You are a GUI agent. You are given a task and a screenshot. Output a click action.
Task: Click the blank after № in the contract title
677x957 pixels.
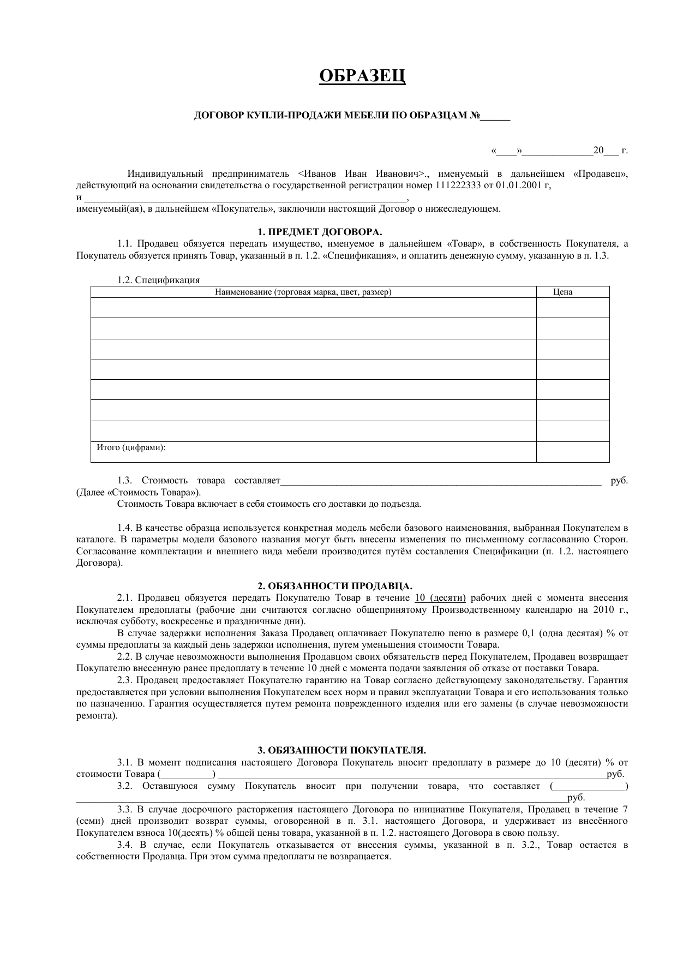[495, 116]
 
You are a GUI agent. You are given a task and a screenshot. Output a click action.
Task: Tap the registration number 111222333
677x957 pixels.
[458, 186]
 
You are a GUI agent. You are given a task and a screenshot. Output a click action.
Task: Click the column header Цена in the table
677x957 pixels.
[562, 292]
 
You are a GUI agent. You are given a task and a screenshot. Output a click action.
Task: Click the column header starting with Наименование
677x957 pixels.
[303, 292]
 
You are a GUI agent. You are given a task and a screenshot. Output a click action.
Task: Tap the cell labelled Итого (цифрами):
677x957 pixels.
[131, 447]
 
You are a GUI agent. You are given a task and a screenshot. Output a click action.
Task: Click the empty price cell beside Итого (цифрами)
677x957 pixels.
[572, 452]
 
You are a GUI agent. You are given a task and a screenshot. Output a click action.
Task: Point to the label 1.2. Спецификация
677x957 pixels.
[158, 280]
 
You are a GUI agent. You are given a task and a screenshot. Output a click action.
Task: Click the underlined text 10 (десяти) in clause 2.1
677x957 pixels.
[440, 597]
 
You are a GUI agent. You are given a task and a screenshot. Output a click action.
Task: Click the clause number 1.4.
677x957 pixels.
[125, 528]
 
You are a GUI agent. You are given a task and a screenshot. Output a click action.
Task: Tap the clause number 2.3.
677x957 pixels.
[125, 680]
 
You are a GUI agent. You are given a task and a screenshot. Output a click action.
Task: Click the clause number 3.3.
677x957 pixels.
[125, 809]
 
